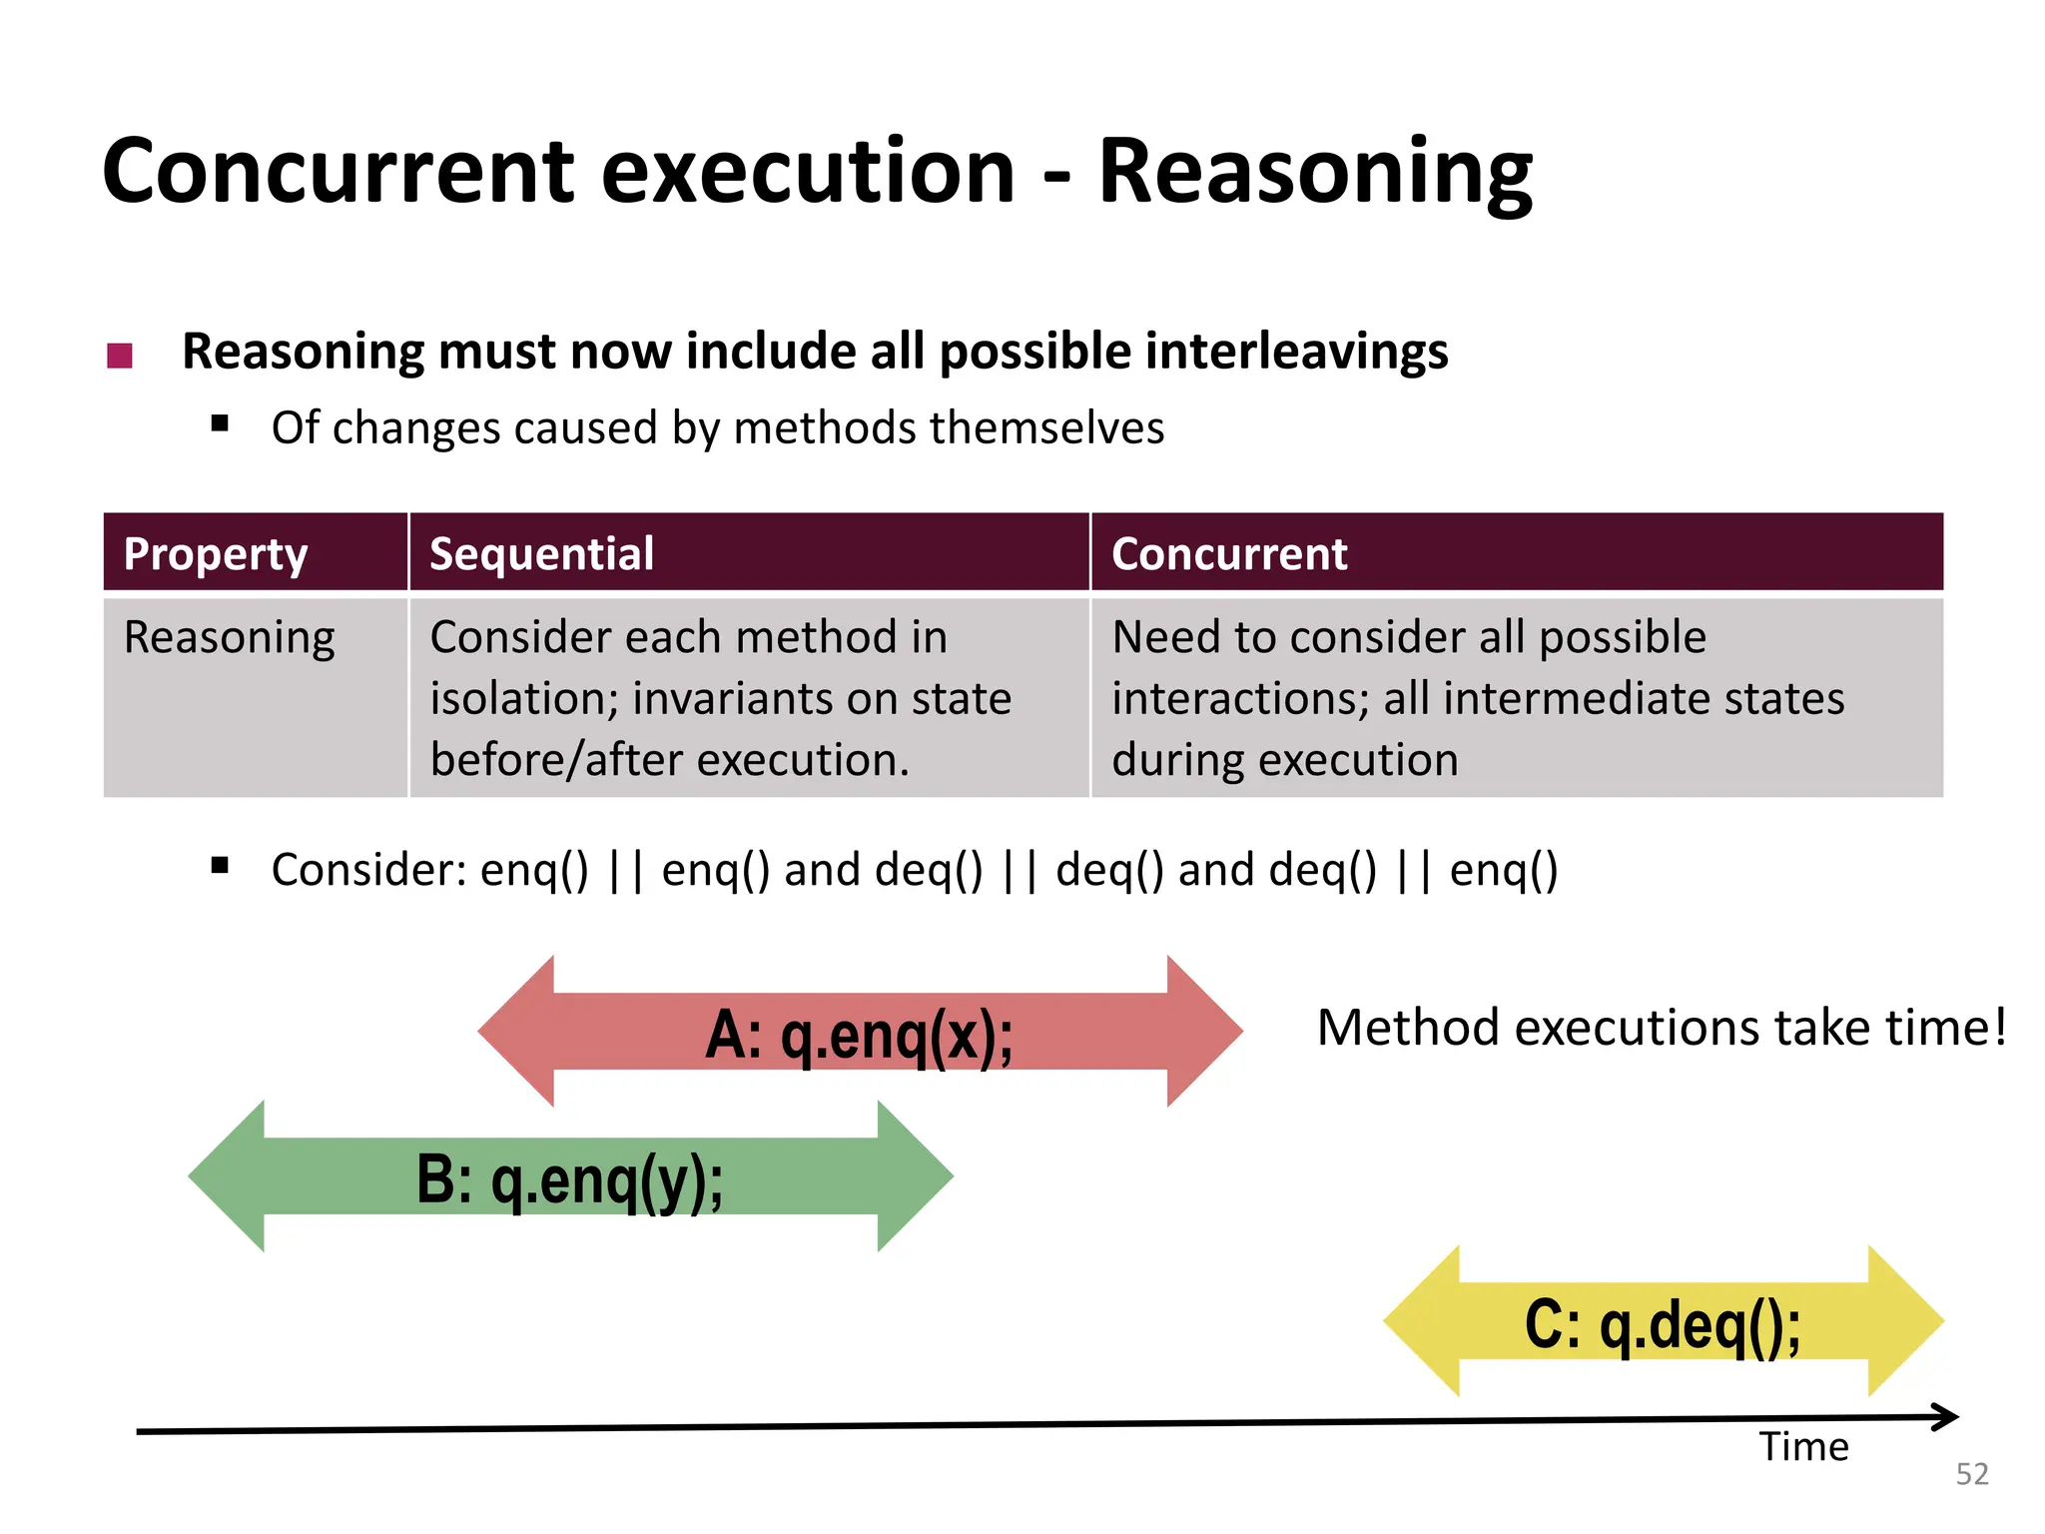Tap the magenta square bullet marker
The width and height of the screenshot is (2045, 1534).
pos(120,356)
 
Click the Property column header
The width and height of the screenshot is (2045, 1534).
pos(216,553)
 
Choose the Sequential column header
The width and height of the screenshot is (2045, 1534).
pos(541,553)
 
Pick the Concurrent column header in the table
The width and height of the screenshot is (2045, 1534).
pos(1228,553)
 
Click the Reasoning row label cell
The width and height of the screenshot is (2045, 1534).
pos(230,637)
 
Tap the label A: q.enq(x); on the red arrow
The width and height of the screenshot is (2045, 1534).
pos(859,1034)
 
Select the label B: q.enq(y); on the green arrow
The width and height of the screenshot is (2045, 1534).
pos(570,1178)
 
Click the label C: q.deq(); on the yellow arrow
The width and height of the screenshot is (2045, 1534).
pos(1663,1324)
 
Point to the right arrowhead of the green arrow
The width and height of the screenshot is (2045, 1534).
pos(916,1176)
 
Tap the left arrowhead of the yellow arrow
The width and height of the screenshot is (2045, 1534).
pos(1421,1321)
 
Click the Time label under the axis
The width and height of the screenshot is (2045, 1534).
pos(1803,1447)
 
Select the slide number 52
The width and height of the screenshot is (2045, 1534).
pos(1971,1474)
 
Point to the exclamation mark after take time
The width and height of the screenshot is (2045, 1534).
pos(1999,1028)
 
